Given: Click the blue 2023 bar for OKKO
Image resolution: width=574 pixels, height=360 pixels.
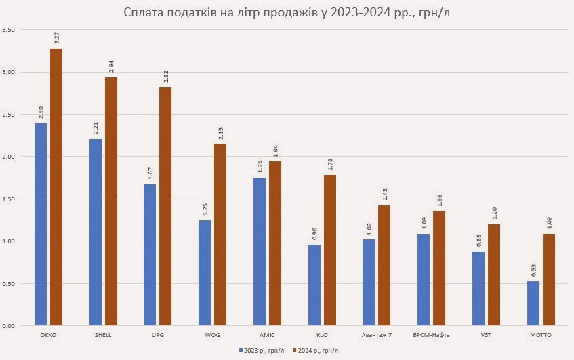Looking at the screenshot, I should point(41,224).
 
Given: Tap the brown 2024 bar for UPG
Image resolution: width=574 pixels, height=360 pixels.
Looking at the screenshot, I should point(165,206).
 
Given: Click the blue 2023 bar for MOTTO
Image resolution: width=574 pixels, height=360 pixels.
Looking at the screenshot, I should point(533,303).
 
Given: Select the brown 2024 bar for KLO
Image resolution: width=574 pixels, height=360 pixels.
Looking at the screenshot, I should point(330,250).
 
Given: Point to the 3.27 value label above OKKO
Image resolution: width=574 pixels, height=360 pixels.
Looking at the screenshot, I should point(56,37).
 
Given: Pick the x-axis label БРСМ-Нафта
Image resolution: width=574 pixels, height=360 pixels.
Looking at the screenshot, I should point(431,335).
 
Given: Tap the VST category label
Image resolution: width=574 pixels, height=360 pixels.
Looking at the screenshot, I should point(485,335).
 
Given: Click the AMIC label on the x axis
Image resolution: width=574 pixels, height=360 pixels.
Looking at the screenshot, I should point(267,335).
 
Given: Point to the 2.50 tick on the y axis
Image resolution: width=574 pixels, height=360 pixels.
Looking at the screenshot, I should point(9,115).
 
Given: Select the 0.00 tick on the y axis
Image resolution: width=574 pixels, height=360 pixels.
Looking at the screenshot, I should point(9,326).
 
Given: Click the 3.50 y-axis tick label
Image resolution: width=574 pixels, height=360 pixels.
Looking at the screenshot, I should point(9,30).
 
